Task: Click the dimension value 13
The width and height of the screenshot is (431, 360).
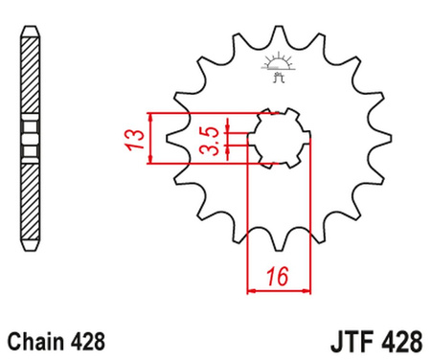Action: tap(137, 139)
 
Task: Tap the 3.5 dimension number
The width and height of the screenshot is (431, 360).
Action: tap(216, 140)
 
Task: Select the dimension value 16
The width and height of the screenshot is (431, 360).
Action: tap(279, 276)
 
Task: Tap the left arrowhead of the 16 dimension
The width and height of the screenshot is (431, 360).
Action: tap(251, 287)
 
